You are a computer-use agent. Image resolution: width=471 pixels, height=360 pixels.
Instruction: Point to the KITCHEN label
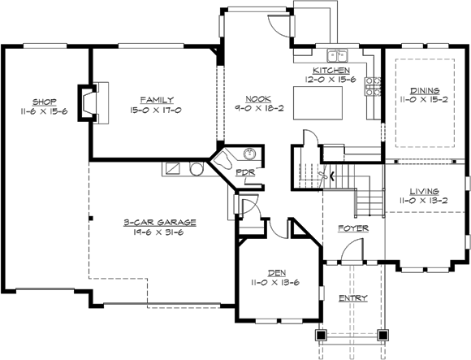(x=331, y=71)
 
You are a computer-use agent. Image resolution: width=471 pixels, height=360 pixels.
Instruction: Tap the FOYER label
(x=353, y=228)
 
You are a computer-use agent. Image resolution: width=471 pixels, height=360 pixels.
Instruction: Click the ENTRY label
(x=353, y=298)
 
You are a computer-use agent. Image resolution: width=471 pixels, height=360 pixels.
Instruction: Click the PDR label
(x=244, y=172)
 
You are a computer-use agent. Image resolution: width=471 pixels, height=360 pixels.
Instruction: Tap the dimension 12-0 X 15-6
(x=331, y=80)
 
